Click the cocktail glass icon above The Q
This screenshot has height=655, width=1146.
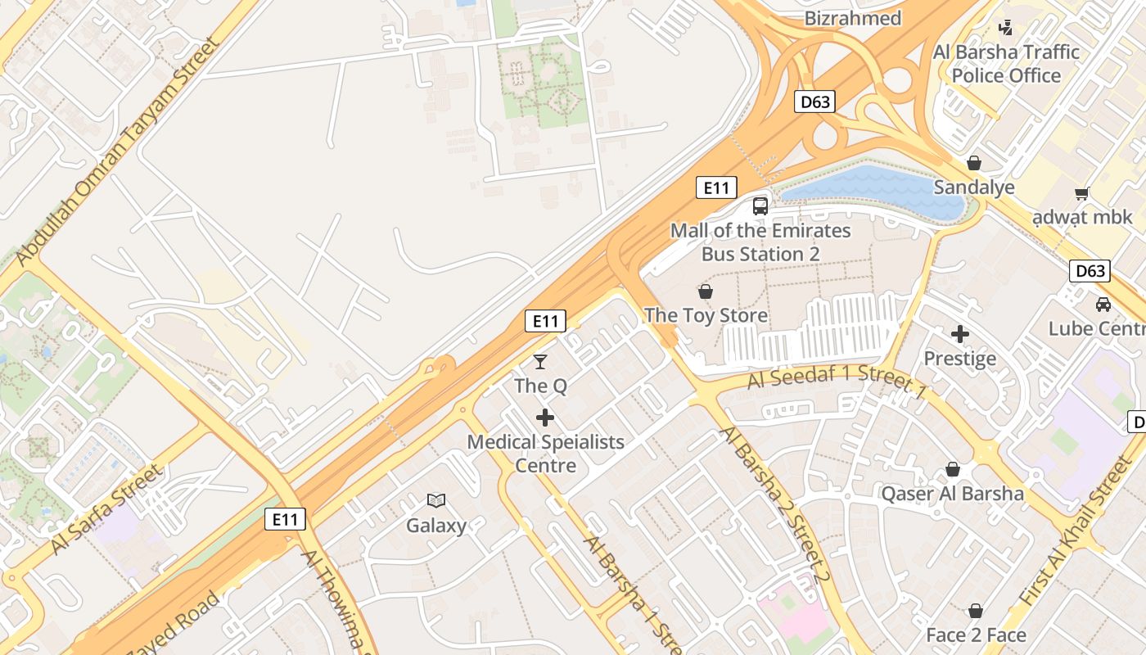(540, 361)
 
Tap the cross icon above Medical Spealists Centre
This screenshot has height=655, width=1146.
(544, 418)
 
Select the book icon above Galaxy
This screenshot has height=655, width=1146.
(436, 500)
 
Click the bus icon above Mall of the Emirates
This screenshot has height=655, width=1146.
(760, 206)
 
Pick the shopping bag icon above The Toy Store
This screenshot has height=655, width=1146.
(705, 291)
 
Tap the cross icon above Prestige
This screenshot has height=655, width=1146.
(960, 334)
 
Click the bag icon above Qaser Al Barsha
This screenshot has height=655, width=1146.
(952, 469)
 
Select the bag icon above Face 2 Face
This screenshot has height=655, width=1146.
(975, 611)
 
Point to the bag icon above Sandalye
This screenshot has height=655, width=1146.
(974, 163)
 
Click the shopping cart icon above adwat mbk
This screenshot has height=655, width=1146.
(1081, 194)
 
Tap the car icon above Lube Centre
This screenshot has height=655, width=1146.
(1103, 305)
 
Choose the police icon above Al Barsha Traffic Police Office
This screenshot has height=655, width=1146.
(1006, 28)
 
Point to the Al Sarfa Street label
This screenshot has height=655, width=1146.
(107, 509)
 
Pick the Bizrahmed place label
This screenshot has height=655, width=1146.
(853, 18)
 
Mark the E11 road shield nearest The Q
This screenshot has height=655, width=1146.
(545, 321)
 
